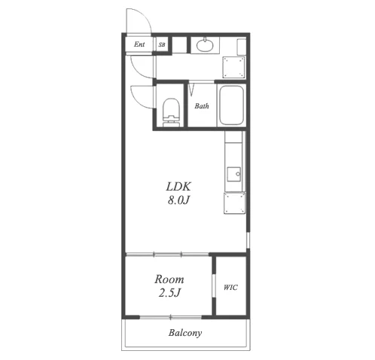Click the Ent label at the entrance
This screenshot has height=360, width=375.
[x=139, y=44]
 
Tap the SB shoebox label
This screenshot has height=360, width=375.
[x=162, y=44]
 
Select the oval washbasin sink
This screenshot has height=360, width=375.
[x=205, y=45]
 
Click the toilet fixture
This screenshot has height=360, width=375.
[x=172, y=112]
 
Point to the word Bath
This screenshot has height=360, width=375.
[x=202, y=106]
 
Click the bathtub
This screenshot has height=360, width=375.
[x=231, y=105]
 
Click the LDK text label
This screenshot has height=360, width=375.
[x=178, y=187]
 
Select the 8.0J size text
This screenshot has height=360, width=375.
[x=178, y=200]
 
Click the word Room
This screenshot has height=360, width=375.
[x=169, y=279]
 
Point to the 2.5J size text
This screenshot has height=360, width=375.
[x=169, y=293]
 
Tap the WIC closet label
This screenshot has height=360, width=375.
[x=230, y=287]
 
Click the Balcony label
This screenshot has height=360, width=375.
[x=185, y=333]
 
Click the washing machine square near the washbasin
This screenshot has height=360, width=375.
[x=233, y=67]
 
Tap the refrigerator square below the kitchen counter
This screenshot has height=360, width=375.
[x=234, y=203]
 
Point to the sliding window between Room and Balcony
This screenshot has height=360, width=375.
[x=171, y=317]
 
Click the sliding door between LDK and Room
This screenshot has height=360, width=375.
[x=167, y=255]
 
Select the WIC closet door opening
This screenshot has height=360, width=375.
[x=214, y=286]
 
